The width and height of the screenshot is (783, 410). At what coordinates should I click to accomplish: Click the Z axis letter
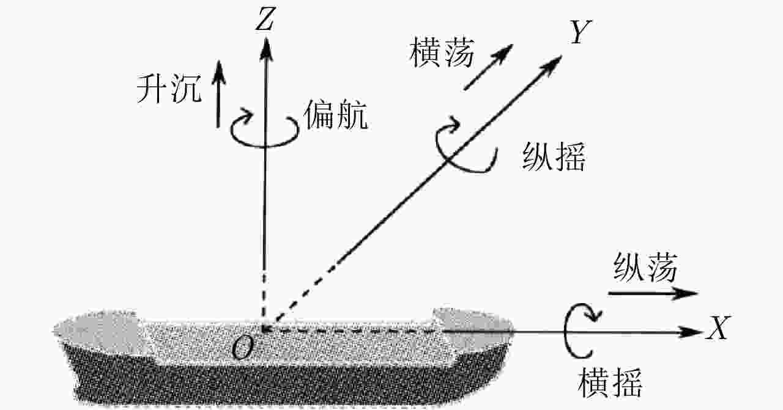[x=265, y=19]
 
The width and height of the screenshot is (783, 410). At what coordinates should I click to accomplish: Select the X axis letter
[x=718, y=328]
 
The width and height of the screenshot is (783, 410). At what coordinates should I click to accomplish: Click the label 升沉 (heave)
[x=169, y=89]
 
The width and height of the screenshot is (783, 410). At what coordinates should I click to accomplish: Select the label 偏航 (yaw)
[x=336, y=115]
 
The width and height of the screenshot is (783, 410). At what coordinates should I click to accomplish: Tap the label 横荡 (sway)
[x=442, y=53]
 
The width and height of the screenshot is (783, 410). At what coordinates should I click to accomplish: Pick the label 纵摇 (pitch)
[x=554, y=156]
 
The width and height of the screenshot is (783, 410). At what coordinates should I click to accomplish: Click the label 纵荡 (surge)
[x=645, y=268]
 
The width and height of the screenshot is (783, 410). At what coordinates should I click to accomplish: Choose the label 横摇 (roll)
[x=610, y=383]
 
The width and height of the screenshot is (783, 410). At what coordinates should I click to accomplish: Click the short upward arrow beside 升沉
[x=219, y=94]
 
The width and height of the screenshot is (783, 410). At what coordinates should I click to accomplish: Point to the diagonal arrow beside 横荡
[x=488, y=67]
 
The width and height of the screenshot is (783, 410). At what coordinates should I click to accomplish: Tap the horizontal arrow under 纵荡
[x=653, y=293]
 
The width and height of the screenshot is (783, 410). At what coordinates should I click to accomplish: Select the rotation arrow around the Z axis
[x=265, y=146]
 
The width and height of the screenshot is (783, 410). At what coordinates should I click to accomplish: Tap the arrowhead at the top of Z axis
[x=266, y=49]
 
